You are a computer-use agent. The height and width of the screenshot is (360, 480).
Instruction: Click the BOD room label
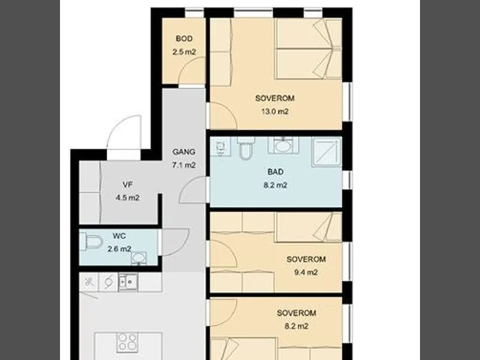184,38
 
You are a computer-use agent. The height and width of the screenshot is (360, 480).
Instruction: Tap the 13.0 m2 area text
275,112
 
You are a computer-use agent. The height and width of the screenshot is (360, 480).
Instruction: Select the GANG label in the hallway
184,152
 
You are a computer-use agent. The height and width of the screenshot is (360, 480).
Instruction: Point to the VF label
127,185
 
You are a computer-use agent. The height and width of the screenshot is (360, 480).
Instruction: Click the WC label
119,236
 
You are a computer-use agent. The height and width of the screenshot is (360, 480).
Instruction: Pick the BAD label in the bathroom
275,172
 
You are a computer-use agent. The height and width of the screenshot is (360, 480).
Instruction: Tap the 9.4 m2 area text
306,272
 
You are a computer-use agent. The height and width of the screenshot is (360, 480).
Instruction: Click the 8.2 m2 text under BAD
275,185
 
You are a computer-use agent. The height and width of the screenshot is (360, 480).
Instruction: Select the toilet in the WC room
91,242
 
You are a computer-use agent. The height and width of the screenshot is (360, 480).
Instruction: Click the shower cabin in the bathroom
326,152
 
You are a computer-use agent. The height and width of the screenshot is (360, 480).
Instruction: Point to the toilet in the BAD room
246,148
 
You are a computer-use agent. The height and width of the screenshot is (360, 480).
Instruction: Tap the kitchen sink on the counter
128,281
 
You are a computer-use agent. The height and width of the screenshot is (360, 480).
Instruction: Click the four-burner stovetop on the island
127,341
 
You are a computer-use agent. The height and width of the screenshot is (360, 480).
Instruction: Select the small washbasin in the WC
139,259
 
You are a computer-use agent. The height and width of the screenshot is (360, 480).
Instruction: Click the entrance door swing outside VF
124,132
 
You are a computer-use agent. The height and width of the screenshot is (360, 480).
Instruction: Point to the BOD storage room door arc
191,70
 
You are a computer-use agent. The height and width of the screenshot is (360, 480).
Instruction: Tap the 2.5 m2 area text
184,52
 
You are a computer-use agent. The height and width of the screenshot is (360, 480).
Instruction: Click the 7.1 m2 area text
184,165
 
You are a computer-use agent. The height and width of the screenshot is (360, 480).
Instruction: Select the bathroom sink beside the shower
283,145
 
